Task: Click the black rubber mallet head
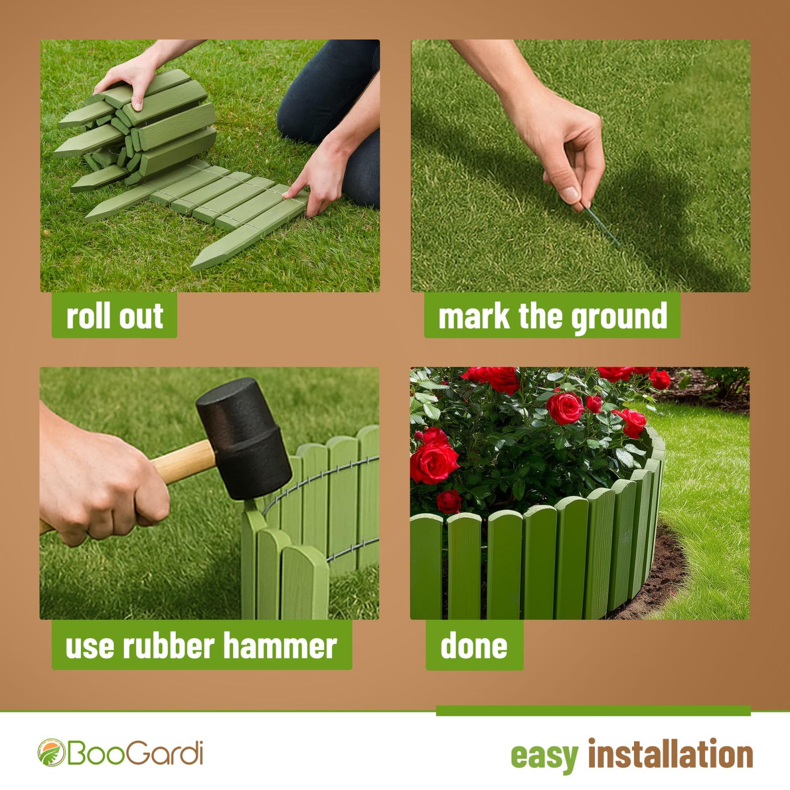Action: [243, 438]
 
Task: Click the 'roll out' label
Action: [115, 316]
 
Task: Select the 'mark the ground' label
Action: [552, 316]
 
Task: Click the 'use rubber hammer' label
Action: [201, 645]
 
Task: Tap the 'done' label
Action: [474, 645]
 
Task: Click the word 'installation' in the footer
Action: [671, 754]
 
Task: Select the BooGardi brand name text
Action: [134, 752]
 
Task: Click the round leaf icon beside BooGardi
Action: [51, 752]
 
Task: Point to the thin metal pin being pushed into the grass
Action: [602, 226]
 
